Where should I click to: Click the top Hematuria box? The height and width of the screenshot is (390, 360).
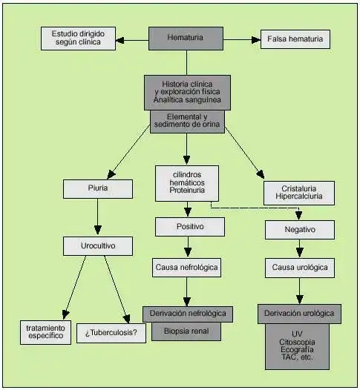pos(186,39)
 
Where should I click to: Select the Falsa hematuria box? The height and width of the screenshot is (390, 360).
pos(295,39)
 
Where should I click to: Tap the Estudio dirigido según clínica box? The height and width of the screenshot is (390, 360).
pos(78,39)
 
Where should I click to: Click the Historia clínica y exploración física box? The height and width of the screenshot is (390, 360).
pos(187,93)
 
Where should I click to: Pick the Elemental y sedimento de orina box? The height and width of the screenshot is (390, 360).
pos(187,122)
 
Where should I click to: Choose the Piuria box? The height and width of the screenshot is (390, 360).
pos(98,189)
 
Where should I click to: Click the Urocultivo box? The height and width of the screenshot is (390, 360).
pos(98,246)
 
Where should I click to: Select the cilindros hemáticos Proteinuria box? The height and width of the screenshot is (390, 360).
pos(187,183)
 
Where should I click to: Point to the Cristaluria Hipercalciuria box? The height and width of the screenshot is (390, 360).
pos(299,193)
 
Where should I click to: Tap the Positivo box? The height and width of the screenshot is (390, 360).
pos(190,227)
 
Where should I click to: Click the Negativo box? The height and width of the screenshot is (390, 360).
pos(300,230)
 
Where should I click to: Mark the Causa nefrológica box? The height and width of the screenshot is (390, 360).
pos(187,268)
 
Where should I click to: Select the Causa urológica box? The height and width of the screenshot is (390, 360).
pos(300,268)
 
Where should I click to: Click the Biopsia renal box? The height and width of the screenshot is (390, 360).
pos(186,331)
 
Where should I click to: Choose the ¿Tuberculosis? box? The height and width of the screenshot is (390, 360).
pos(111,334)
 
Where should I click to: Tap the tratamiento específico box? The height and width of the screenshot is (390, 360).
pos(45,332)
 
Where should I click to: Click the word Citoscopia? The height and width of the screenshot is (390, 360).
pos(297,342)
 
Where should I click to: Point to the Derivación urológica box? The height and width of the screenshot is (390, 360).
pos(299,314)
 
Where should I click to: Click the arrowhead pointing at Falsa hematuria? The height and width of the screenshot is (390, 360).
pos(256,40)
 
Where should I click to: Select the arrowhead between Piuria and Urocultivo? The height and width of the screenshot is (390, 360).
pos(98,230)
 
